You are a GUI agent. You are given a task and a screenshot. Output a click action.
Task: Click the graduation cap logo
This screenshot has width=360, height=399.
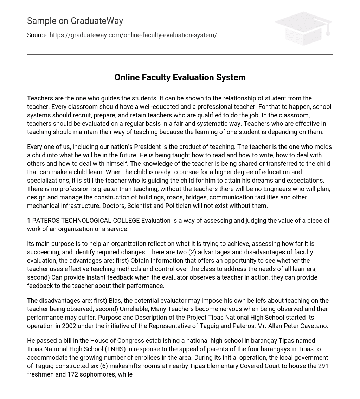pyautogui.click(x=303, y=28)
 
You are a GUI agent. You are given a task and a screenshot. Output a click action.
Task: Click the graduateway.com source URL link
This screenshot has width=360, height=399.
pyautogui.click(x=133, y=35)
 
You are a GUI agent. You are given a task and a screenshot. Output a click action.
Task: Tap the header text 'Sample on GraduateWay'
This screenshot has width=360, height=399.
pyautogui.click(x=75, y=21)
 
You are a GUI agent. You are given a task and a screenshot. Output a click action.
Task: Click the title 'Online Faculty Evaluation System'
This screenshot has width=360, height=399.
pyautogui.click(x=180, y=77)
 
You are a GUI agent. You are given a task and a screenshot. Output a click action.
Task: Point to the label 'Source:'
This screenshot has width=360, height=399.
pyautogui.click(x=37, y=35)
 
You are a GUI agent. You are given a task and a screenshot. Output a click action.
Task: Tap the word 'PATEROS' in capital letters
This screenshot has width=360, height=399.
pyautogui.click(x=46, y=221)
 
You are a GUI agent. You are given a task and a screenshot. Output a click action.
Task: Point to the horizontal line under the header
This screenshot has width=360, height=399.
pyautogui.click(x=180, y=55)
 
